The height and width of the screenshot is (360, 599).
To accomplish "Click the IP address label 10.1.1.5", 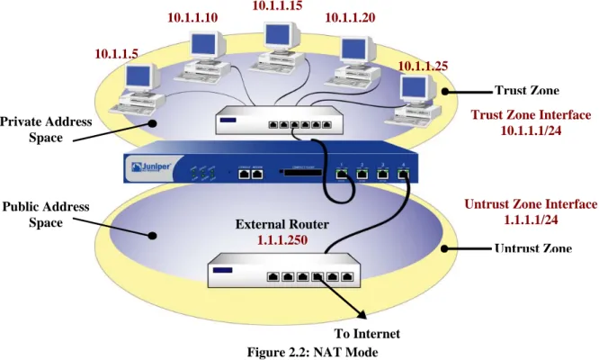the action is (x=116, y=54).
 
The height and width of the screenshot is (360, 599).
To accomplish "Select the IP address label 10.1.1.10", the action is (x=192, y=18).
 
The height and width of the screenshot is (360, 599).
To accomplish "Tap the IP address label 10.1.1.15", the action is (x=277, y=5).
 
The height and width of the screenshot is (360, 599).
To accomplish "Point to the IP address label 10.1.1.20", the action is (x=350, y=17).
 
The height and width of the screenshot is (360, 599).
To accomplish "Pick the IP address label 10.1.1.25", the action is (x=423, y=66).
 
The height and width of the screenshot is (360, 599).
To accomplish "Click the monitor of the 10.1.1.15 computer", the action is (x=282, y=38).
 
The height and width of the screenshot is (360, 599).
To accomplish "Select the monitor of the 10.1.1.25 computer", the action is (x=417, y=90).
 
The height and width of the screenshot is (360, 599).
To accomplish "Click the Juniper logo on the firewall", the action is (x=151, y=167).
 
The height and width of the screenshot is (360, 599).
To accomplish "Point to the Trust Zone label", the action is (x=527, y=90).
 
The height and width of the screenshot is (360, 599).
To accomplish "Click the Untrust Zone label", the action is (x=533, y=248).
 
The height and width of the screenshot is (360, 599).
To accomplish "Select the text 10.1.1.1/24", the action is (x=531, y=130).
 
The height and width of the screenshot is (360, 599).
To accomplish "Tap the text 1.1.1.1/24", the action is (x=531, y=220).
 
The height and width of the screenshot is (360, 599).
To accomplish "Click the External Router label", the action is (x=282, y=224).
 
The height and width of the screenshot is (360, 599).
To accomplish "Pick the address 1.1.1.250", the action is (x=282, y=240).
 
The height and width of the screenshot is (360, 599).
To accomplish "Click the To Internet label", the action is (x=367, y=334).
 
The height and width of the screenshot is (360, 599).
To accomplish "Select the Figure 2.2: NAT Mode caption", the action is (x=312, y=352).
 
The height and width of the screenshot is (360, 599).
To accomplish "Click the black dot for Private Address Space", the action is (x=153, y=123).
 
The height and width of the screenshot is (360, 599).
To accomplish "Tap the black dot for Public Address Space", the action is (x=152, y=236).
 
